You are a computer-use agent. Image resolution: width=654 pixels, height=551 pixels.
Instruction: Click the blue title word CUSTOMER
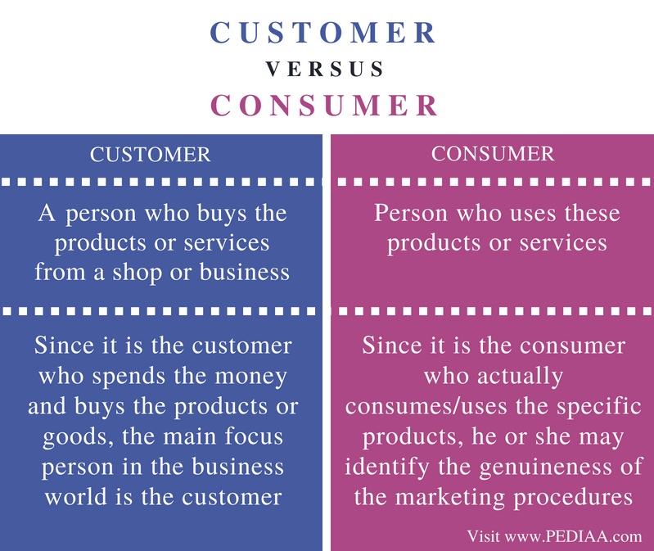pyautogui.click(x=322, y=33)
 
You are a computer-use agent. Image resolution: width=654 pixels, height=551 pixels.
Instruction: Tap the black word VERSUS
pyautogui.click(x=324, y=70)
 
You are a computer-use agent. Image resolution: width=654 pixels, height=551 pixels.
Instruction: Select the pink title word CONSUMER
pyautogui.click(x=324, y=105)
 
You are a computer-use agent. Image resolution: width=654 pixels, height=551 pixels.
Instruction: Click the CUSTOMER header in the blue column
pyautogui.click(x=150, y=155)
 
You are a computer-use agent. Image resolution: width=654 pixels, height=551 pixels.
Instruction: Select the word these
pyautogui.click(x=593, y=213)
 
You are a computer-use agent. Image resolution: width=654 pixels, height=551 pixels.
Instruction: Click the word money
pyautogui.click(x=251, y=376)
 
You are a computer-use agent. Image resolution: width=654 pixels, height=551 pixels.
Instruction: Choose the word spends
pyautogui.click(x=129, y=377)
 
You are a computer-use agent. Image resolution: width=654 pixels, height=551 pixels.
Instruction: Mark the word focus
pyautogui.click(x=254, y=436)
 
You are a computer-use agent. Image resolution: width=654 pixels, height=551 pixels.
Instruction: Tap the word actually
pyautogui.click(x=520, y=377)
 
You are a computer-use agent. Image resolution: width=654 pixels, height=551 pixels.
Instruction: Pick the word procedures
pyautogui.click(x=573, y=497)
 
